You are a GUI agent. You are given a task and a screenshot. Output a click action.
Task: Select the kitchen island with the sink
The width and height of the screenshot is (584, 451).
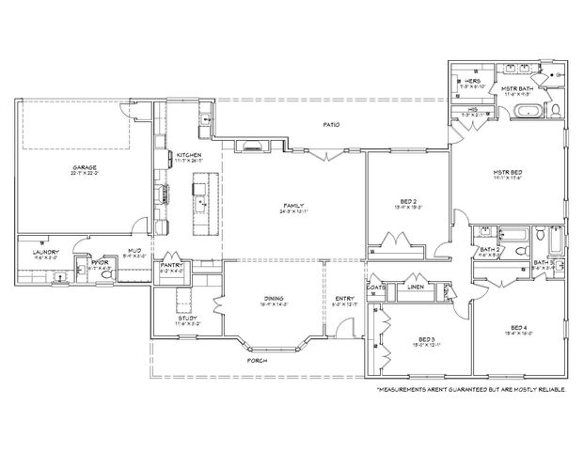coord(199,201)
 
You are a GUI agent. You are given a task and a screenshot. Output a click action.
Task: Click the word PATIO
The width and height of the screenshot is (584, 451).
coord(331,124)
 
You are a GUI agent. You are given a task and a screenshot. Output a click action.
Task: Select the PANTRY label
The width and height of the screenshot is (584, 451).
coord(171,266)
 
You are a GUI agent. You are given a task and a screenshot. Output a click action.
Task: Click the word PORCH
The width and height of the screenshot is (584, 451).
coord(257,360)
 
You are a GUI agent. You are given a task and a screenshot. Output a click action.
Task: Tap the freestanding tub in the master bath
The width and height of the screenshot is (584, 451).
coord(525,113)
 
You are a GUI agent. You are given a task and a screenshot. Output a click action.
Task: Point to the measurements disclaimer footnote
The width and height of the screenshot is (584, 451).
coord(471,386)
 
